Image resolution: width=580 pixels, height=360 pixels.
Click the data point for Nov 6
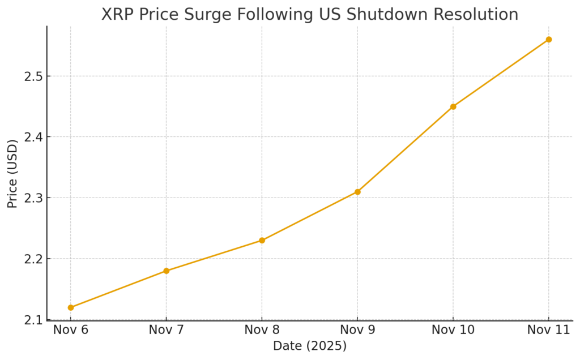71,307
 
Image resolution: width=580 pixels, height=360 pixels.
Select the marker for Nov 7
167,271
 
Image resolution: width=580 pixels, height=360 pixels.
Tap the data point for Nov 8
262,240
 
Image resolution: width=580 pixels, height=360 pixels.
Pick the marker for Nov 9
357,192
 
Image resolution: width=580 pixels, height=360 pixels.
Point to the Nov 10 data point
453,106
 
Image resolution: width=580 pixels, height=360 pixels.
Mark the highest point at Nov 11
548,40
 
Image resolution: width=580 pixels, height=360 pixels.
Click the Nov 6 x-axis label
71,331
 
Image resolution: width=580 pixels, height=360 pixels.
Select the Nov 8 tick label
262,331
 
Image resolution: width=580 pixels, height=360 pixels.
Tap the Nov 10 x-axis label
453,331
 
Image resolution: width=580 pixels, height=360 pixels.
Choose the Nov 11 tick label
548,331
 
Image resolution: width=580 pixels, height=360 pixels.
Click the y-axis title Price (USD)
12,173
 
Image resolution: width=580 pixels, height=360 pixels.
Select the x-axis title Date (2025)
309,346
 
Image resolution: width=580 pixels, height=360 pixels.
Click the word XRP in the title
117,14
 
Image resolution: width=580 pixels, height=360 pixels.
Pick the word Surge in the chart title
200,14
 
